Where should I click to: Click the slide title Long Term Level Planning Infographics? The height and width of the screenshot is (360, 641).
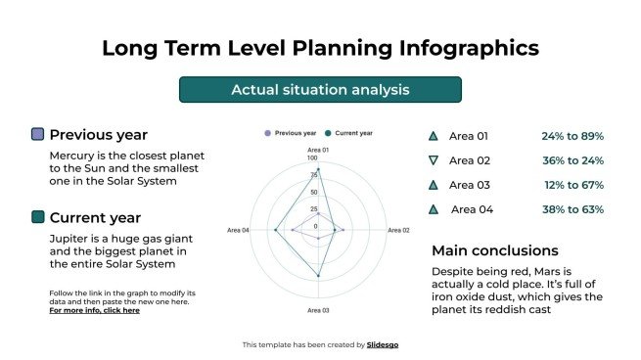320,48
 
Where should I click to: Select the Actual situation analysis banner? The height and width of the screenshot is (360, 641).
320,90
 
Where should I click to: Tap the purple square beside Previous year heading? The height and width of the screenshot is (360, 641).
38,135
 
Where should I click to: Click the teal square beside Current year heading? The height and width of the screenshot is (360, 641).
38,217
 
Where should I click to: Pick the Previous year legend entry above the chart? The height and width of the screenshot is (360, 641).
291,132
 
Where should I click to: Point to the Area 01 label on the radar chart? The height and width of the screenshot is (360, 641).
318,150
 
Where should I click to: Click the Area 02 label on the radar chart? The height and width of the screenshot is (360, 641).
398,231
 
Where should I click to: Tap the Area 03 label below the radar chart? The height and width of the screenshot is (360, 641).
318,310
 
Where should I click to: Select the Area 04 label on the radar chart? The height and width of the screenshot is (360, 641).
238,231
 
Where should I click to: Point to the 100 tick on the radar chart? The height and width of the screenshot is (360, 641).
312,158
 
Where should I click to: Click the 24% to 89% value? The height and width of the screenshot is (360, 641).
572,136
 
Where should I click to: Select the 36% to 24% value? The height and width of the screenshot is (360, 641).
572,160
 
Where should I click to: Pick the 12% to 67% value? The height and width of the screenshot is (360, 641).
572,185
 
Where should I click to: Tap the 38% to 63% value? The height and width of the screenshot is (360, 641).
572,209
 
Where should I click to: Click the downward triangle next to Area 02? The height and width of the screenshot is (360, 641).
434,160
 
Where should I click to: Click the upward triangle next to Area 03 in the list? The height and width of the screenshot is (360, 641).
434,185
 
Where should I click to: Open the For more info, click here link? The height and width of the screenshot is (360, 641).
94,311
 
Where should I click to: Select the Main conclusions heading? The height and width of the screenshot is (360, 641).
495,250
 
